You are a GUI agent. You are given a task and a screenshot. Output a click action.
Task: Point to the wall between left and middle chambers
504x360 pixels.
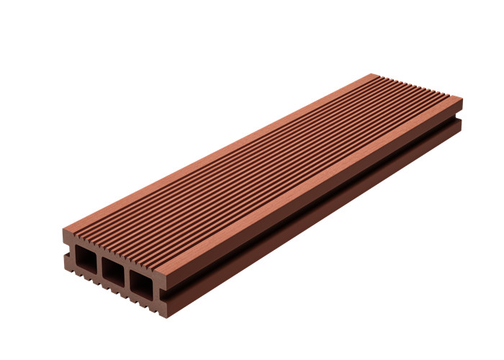(99, 265)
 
